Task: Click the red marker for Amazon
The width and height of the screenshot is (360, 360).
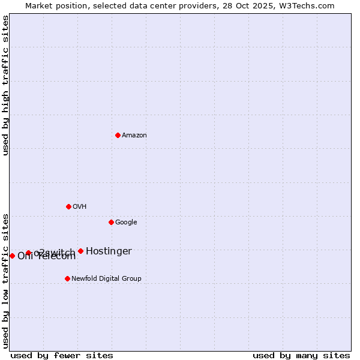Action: (x=118, y=135)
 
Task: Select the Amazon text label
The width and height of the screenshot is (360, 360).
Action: (x=134, y=136)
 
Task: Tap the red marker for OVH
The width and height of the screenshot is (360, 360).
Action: (x=68, y=206)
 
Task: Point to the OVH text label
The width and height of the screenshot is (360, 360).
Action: (x=80, y=207)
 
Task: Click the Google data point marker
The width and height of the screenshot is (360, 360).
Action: (x=111, y=222)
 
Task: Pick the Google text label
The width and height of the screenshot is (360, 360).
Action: (x=126, y=223)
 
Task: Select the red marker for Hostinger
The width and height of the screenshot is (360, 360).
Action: (x=80, y=251)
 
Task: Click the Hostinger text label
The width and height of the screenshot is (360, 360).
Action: (x=109, y=251)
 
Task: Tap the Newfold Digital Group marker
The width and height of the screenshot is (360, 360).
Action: (x=67, y=278)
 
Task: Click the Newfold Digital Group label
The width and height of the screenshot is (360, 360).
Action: (x=106, y=278)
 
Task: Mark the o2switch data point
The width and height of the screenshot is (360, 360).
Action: (x=28, y=253)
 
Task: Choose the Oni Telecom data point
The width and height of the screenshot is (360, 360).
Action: (x=12, y=256)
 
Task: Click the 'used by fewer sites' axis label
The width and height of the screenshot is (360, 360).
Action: (x=62, y=355)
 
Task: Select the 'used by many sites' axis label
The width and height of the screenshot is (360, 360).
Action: (x=301, y=355)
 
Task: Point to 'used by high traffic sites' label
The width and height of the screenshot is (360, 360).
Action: (x=5, y=85)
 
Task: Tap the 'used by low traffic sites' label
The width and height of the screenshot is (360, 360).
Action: (x=5, y=280)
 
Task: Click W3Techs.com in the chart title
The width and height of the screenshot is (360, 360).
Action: (x=310, y=6)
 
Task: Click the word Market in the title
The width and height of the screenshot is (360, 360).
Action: (x=38, y=6)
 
